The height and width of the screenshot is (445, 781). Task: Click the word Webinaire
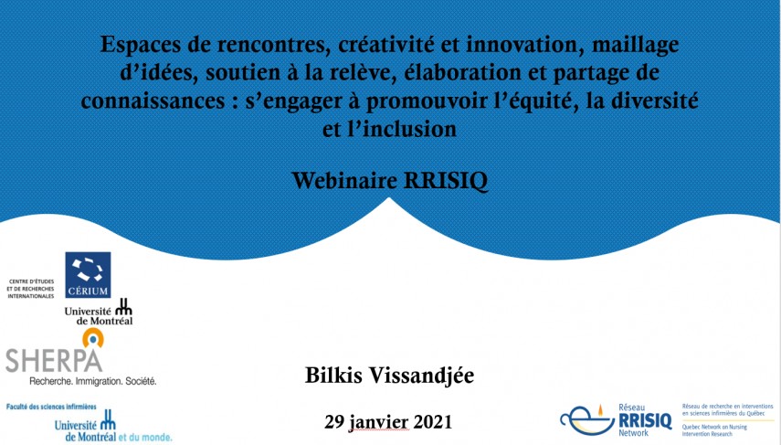point(347,181)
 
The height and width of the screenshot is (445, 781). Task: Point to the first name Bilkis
point(338,375)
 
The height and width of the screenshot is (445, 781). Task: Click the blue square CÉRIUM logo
point(88,275)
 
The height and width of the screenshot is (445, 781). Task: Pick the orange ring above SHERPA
point(91,337)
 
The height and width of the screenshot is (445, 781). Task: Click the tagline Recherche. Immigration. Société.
point(93,380)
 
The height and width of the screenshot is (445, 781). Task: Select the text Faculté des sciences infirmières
point(53,405)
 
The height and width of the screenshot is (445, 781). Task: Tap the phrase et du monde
point(144,437)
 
